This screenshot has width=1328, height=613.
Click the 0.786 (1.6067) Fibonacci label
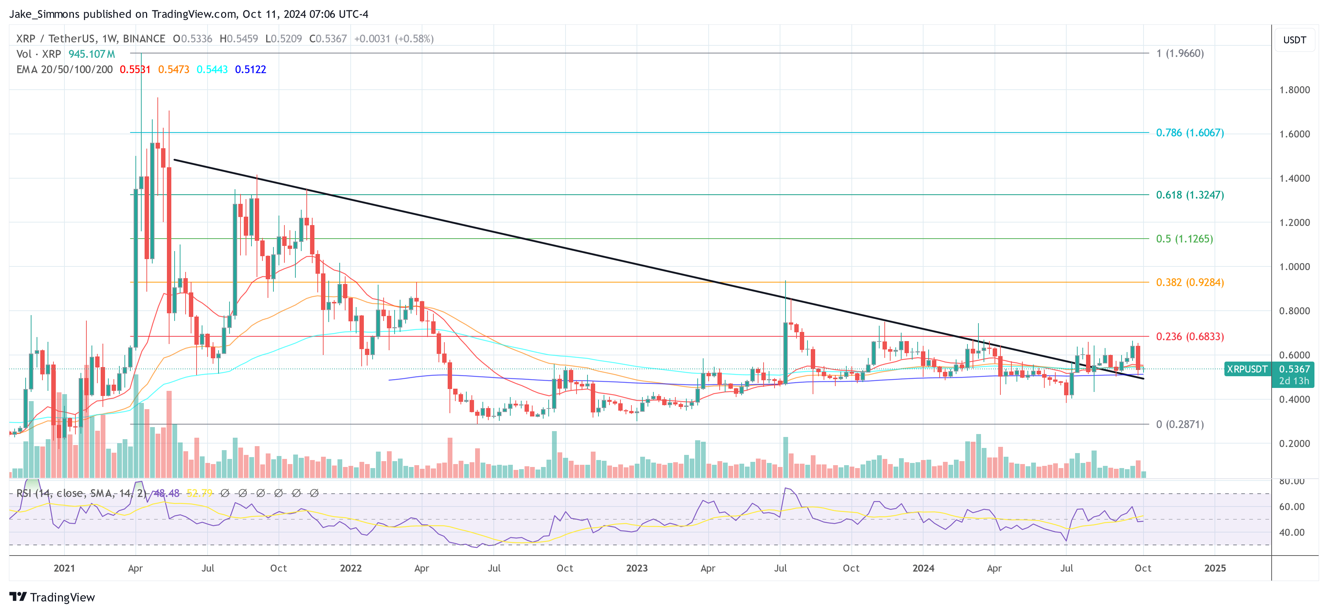pos(1189,132)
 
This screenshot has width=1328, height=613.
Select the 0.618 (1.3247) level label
pos(1189,195)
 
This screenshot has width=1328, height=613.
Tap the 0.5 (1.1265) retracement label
pos(1184,239)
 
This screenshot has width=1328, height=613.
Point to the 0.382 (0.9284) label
pos(1189,283)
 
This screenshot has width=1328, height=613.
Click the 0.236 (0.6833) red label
pos(1189,337)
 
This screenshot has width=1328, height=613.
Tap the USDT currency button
pos(1294,40)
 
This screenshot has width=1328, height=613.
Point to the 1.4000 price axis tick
pos(1294,178)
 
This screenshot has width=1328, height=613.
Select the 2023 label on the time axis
pos(637,568)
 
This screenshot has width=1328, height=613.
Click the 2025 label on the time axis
pos(1215,568)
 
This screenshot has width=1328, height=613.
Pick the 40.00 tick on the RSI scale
pos(1291,532)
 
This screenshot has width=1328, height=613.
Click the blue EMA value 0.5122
pos(250,70)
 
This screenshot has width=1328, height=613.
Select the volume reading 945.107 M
pos(92,54)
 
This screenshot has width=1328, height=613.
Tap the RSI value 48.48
pos(167,493)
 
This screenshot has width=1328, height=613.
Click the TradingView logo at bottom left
pos(52,597)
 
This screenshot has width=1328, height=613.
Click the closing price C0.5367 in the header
pos(328,39)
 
